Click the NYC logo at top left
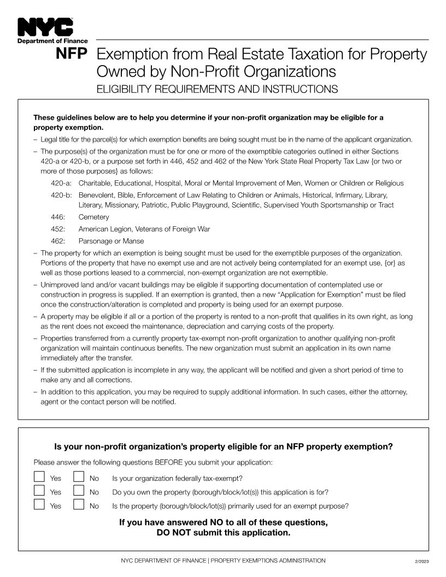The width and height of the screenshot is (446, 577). click(45, 27)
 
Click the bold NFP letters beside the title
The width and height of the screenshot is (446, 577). click(71, 55)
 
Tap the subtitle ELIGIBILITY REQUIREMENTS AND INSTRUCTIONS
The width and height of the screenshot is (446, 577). click(217, 89)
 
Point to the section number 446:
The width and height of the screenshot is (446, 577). click(58, 217)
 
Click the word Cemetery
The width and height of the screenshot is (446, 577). click(93, 217)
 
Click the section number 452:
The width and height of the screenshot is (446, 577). click(58, 229)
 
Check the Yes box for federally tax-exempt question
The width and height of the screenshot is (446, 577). click(39, 477)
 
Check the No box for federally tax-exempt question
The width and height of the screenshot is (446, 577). click(79, 477)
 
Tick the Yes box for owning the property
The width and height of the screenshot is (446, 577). click(39, 491)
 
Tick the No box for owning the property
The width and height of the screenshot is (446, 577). click(79, 491)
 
